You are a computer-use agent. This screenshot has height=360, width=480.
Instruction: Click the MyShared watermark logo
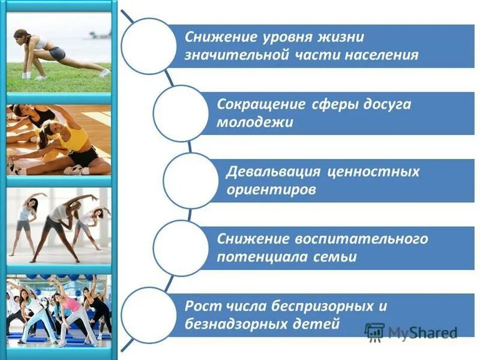tap(411, 332)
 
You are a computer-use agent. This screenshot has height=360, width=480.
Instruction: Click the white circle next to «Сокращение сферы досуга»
tap(181, 113)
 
